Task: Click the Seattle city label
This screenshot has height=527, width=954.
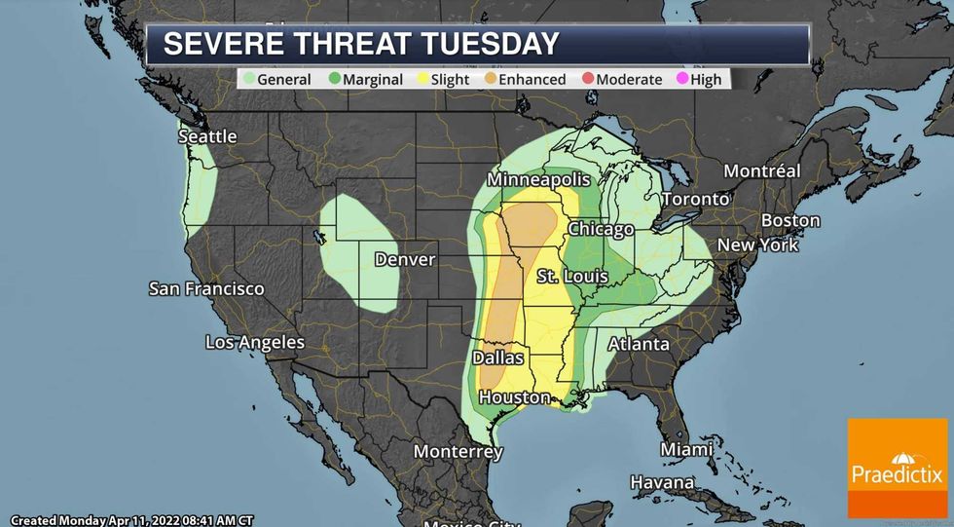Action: pos(207,136)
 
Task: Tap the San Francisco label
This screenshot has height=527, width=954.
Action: pos(206,289)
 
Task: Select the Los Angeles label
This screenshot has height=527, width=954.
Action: pos(255,342)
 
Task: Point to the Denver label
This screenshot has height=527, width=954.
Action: pos(404,260)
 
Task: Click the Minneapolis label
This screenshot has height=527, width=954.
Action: pos(539,181)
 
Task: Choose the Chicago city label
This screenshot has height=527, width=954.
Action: pos(601,229)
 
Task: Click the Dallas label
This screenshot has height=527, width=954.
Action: pos(497,358)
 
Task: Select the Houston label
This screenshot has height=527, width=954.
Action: pos(514,397)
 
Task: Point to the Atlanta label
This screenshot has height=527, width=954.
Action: pos(639,344)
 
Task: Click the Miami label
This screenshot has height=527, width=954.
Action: pos(686,449)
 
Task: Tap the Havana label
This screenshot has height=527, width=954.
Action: pos(661,482)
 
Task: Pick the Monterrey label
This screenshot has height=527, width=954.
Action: pos(458,452)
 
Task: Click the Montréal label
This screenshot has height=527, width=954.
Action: pos(762,171)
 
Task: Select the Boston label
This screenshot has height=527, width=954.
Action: pos(790,220)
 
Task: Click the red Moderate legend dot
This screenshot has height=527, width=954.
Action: pos(586,79)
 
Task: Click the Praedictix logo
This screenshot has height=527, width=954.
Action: pos(897,468)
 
